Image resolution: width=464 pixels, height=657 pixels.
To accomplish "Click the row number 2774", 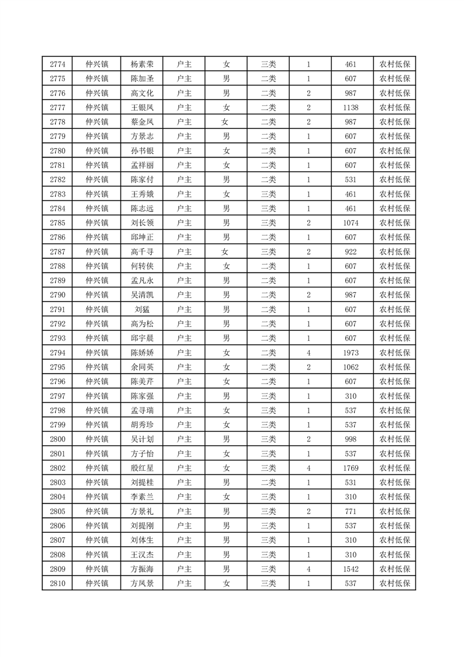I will point(57,65).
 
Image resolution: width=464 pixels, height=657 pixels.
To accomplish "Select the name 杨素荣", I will point(142,65).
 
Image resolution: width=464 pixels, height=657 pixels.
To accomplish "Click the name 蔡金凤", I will point(142,122).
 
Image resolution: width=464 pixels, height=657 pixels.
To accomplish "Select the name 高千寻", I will point(142,252).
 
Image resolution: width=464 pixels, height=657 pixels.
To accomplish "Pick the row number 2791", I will point(57,309).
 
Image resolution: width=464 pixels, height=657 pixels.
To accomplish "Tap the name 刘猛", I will point(142,309).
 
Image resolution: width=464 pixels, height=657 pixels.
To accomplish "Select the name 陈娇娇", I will point(142,353).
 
